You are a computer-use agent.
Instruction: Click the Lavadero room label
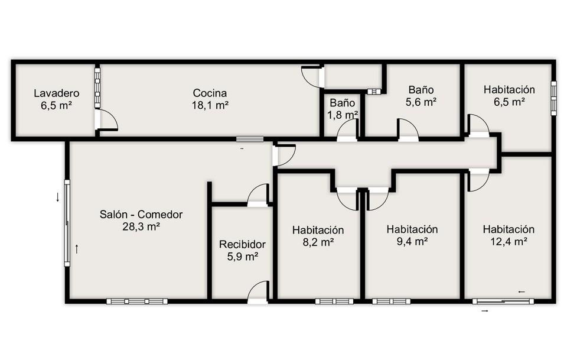tap(57, 99)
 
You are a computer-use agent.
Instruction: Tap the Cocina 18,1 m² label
tap(210, 99)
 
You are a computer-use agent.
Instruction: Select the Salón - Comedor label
tap(141, 220)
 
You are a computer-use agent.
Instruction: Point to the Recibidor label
tap(242, 251)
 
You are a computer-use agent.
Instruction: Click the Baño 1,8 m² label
tap(343, 109)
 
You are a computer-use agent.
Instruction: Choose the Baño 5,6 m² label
tap(421, 96)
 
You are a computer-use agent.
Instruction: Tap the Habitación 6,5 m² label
tap(509, 96)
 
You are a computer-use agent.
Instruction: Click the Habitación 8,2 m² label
tap(318, 236)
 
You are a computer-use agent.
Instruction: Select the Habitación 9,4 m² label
tap(412, 235)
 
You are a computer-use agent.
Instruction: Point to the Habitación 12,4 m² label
tap(509, 235)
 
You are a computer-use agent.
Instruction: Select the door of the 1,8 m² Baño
tap(347, 130)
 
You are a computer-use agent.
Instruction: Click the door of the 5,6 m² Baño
tap(409, 129)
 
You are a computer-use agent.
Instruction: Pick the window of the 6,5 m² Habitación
tap(553, 98)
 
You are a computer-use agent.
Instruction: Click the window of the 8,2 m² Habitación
tap(334, 301)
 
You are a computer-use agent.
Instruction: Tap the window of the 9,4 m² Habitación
tap(391, 301)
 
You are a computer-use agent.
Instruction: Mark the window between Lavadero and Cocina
tap(97, 87)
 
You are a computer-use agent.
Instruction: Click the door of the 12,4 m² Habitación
tap(478, 180)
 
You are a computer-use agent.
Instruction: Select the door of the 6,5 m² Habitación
tap(478, 126)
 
